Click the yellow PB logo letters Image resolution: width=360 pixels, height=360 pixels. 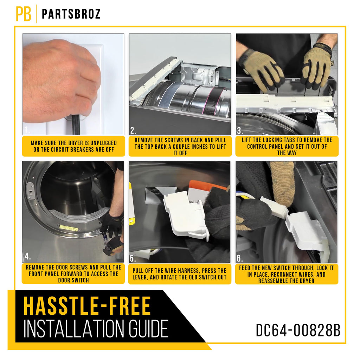point(24,14)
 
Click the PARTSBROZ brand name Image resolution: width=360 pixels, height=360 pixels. point(71,14)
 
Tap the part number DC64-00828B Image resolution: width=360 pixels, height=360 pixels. point(298,330)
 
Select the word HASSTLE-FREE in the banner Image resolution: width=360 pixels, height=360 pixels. point(87,306)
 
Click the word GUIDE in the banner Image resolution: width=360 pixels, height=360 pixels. point(148,329)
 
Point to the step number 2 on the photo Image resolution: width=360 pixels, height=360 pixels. point(133,131)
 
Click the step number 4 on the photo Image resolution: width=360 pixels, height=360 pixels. point(27,256)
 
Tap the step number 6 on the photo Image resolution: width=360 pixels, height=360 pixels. point(240,258)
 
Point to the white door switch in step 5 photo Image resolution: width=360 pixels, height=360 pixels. point(186,216)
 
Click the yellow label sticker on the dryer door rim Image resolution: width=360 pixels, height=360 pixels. point(69,228)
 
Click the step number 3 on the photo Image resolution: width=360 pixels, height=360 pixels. point(240,131)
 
